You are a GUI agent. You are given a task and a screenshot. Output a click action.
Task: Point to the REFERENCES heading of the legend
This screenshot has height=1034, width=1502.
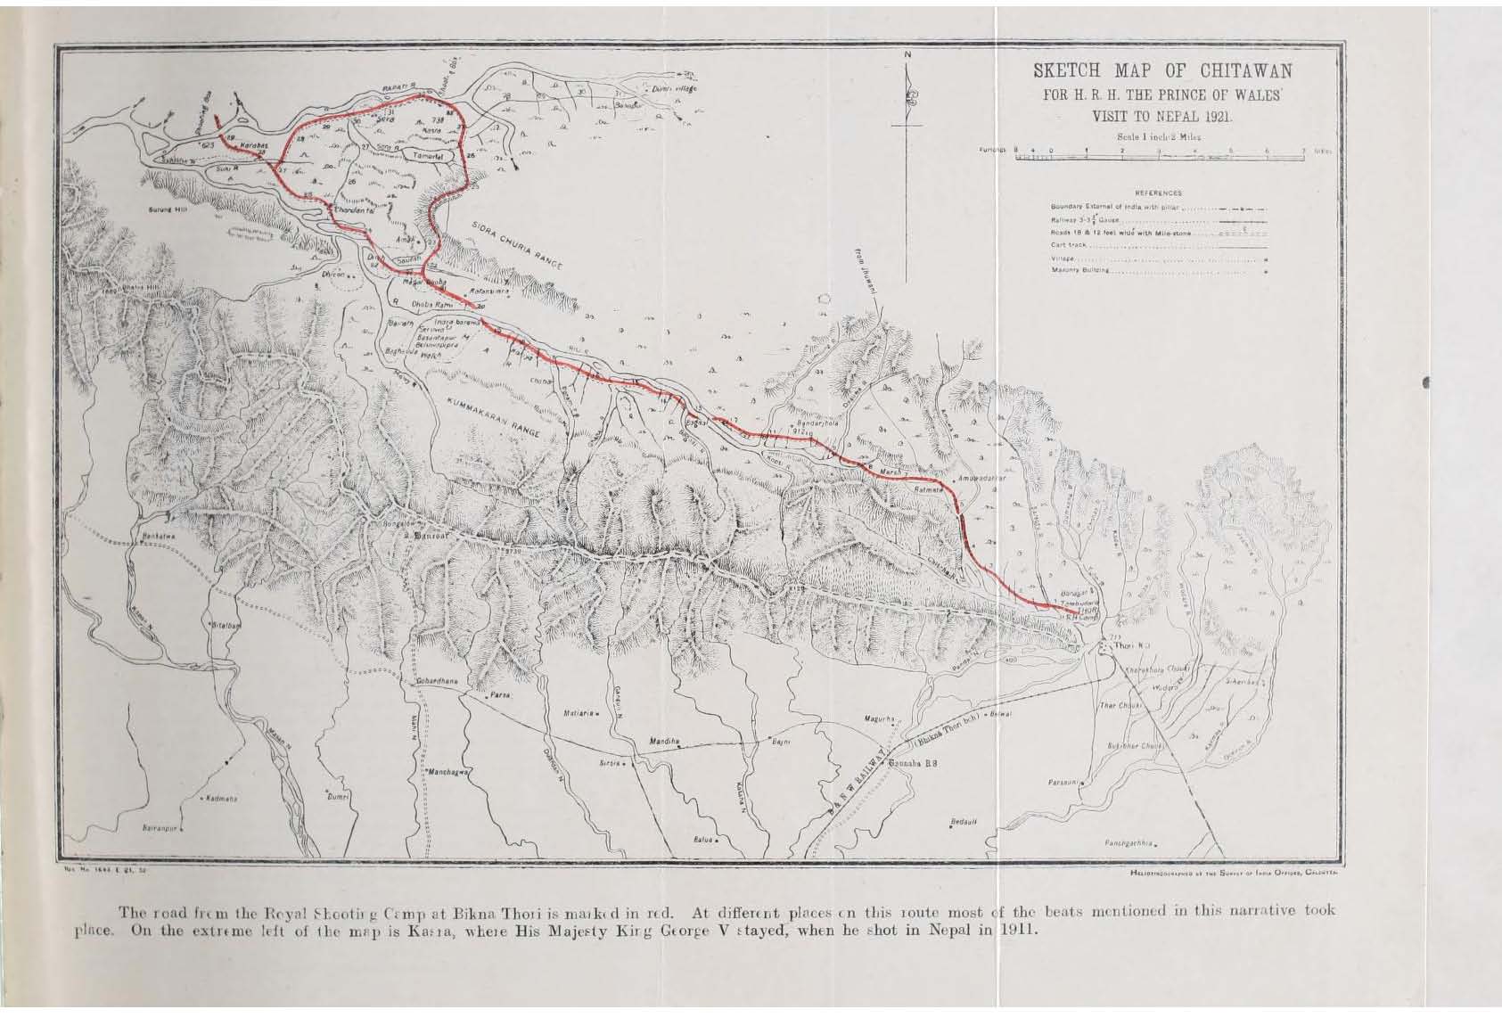coord(1158,193)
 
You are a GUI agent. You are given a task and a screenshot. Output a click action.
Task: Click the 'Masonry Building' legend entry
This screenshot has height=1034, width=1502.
coord(1080,270)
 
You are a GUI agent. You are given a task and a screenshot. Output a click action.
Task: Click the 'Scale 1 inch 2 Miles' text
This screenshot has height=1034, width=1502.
coord(1158,136)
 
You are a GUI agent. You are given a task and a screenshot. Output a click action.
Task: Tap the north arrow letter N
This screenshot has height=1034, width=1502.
coord(908,55)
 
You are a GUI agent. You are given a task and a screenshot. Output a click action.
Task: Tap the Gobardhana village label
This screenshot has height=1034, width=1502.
coord(437,680)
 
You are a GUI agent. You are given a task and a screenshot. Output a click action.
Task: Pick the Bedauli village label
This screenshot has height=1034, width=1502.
coord(964,821)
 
